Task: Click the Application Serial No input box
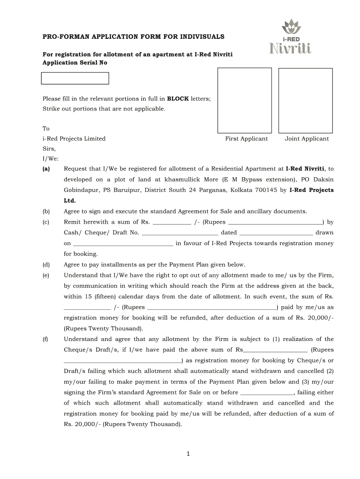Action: point(75,78)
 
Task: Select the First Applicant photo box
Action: point(245,100)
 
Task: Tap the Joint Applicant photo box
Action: point(306,100)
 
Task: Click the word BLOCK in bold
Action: point(178,99)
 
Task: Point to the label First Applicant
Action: point(246,138)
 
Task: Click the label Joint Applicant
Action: point(307,138)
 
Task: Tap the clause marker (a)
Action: point(46,168)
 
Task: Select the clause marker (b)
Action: point(46,211)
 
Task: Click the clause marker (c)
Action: point(46,222)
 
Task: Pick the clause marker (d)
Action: point(46,264)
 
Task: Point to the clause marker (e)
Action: point(46,275)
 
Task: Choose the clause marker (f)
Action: point(46,339)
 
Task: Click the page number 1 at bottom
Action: point(187,453)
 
